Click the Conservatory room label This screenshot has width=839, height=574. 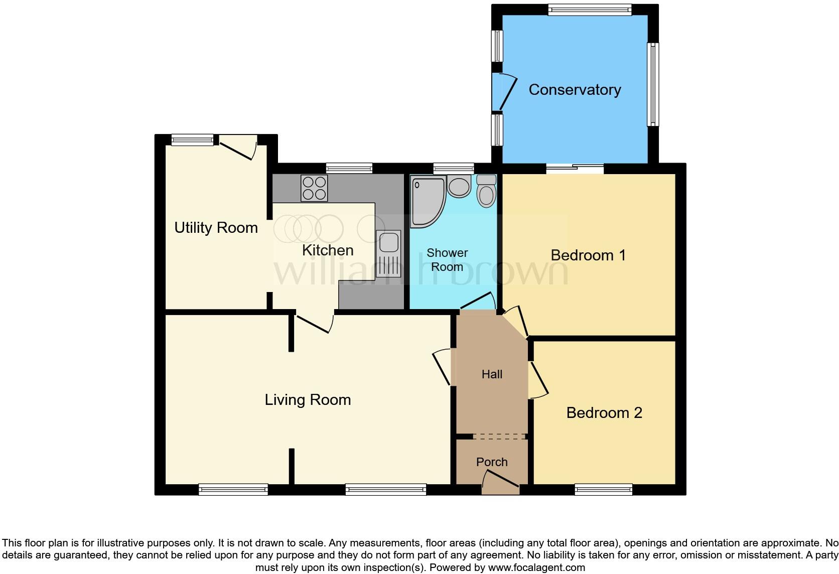(575, 90)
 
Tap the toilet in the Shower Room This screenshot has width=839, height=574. (486, 191)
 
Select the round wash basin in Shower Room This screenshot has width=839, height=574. (458, 187)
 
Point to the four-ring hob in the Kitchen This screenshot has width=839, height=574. (314, 188)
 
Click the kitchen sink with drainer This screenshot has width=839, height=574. (388, 253)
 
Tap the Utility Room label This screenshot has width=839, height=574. (216, 228)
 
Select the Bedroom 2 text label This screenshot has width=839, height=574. (604, 413)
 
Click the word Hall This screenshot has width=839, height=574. (492, 374)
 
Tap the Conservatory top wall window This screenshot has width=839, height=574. (589, 9)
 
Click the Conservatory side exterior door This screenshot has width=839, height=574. (504, 92)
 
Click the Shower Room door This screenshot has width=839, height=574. (478, 302)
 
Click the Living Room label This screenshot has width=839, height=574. (308, 400)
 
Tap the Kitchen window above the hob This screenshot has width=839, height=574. (349, 168)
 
